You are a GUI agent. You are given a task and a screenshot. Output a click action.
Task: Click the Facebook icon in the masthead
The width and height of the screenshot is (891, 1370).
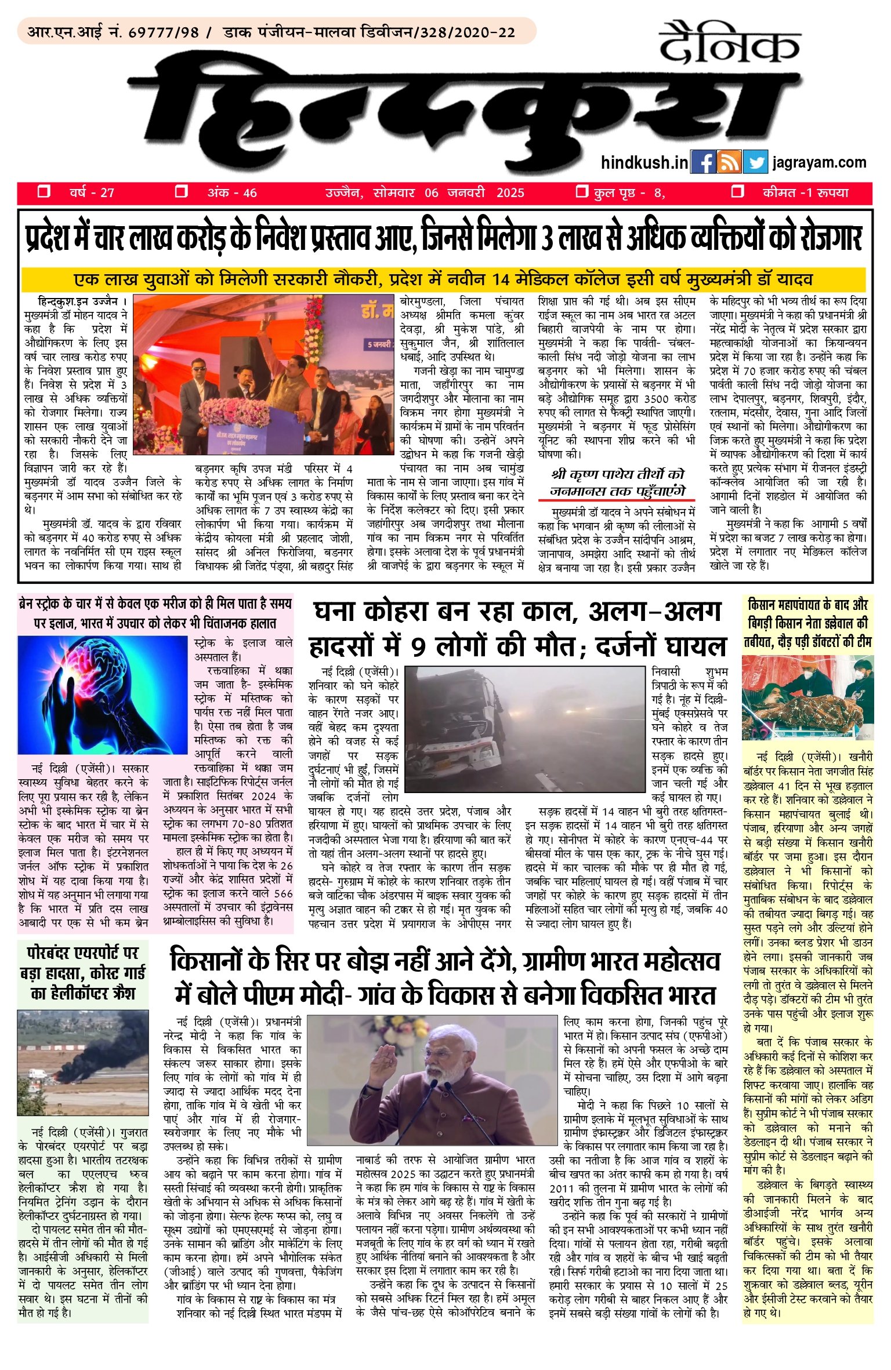703,162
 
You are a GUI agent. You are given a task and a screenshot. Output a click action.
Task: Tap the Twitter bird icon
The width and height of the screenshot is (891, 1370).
755,162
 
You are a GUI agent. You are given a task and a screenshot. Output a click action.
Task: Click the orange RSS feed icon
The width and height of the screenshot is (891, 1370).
729,162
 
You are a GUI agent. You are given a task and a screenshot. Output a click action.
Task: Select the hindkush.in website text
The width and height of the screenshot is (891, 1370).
644,162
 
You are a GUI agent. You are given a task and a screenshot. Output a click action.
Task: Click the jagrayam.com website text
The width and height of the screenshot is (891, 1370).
820,162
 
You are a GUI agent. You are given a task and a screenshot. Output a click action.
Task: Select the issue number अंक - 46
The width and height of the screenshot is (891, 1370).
232,193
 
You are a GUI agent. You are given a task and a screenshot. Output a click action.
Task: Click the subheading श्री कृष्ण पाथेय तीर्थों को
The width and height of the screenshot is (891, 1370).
617,474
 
